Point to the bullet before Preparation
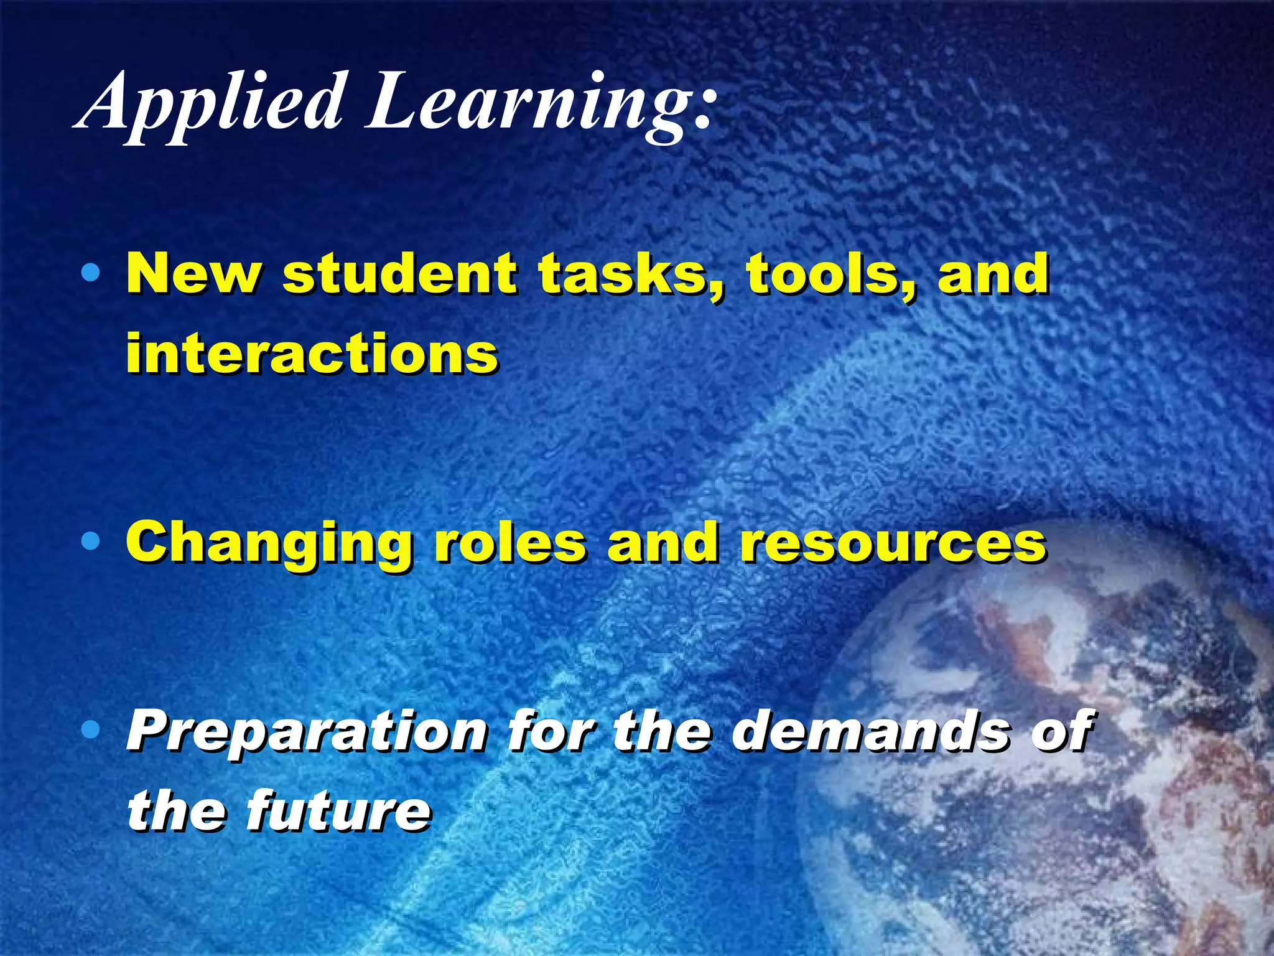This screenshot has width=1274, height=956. (x=91, y=730)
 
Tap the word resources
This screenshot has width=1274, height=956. (x=893, y=543)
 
